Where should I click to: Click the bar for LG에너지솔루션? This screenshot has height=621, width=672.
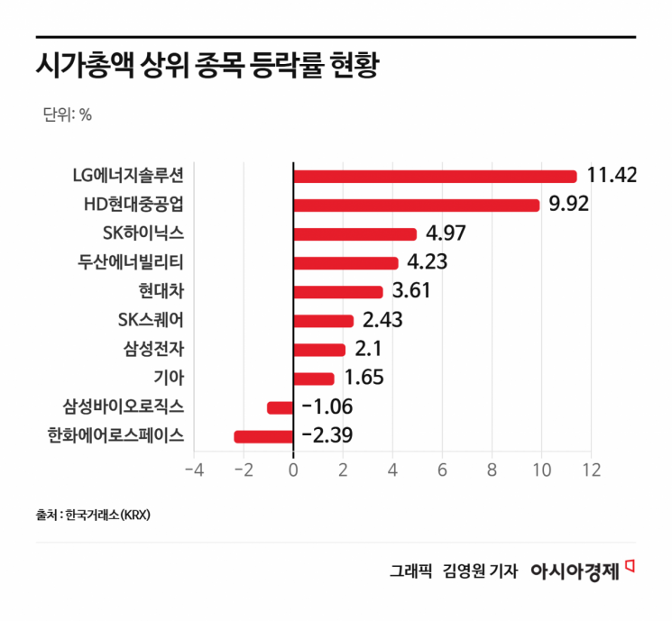[435, 176]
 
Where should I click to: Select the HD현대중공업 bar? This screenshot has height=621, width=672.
[416, 205]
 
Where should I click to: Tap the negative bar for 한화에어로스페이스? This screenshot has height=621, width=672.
[263, 436]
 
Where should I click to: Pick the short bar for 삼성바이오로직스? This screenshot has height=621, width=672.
[281, 407]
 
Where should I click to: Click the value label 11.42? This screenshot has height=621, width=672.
[612, 175]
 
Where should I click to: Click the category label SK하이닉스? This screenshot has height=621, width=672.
[144, 233]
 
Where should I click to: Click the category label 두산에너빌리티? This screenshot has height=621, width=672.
[131, 262]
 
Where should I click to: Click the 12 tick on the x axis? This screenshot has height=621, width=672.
[591, 470]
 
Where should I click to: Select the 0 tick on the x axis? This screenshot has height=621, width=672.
[293, 470]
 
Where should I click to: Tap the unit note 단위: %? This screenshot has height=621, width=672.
[67, 114]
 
